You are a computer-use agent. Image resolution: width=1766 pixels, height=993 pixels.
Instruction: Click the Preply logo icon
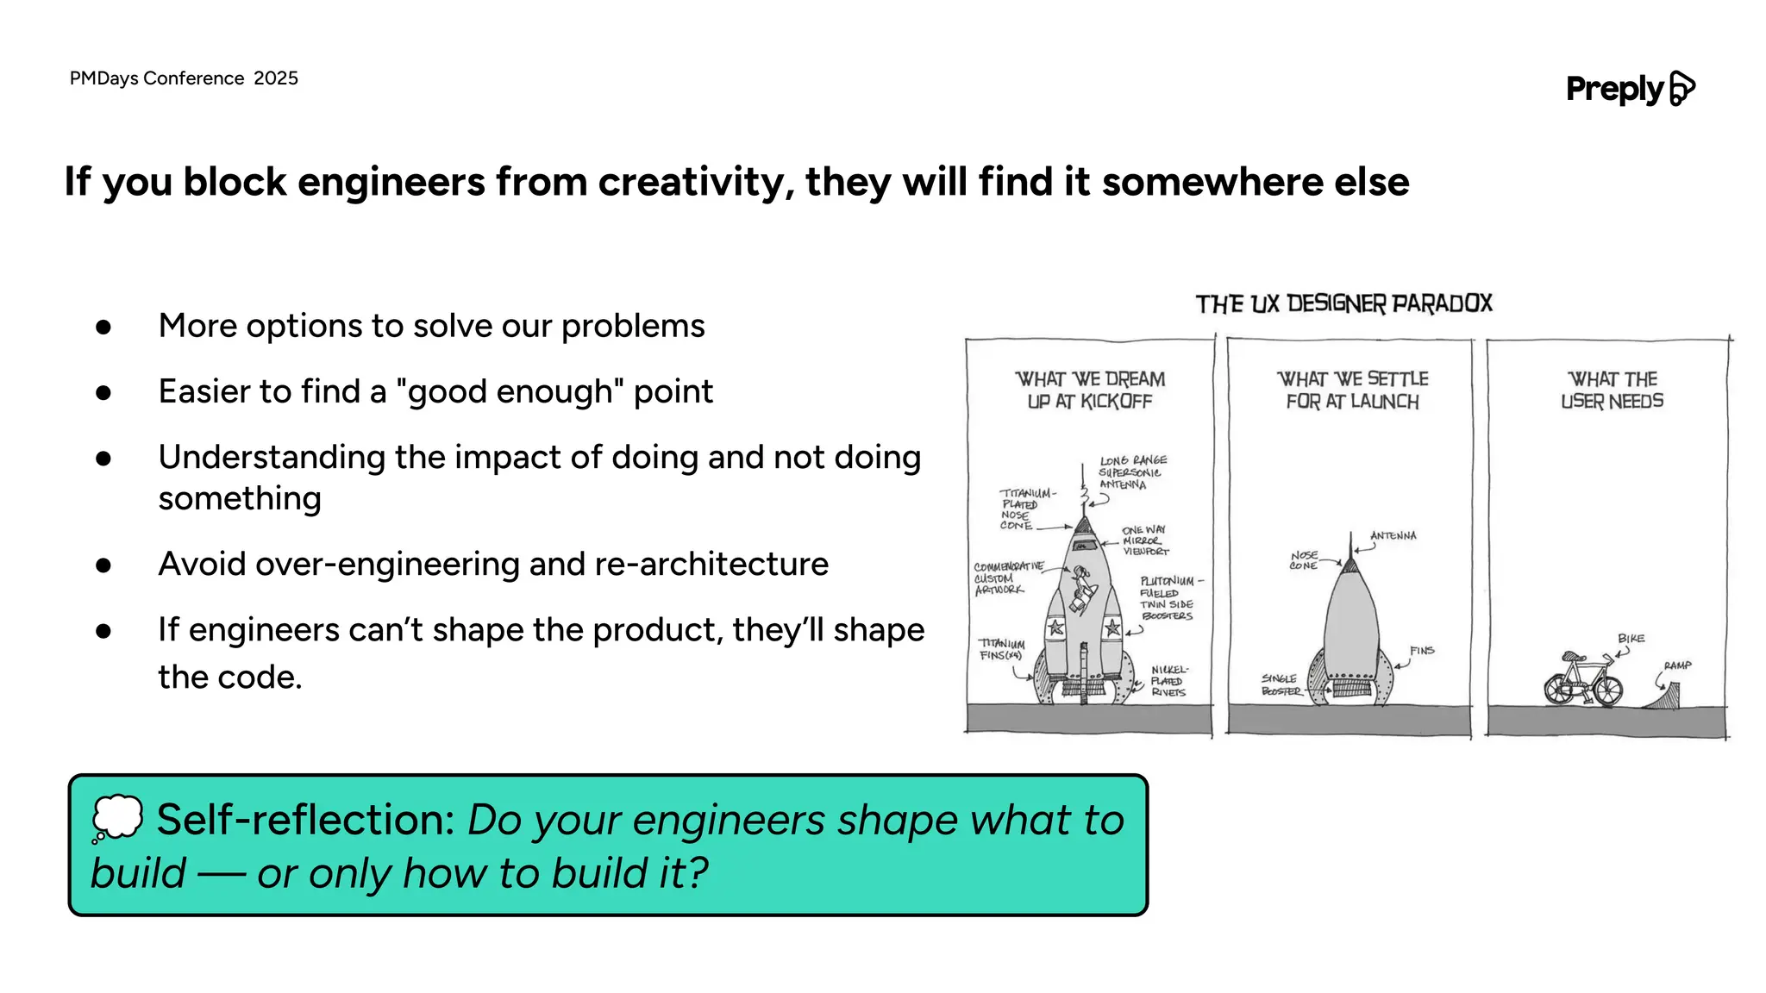point(1681,88)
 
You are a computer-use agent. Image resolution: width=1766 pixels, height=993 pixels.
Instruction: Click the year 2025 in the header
point(276,78)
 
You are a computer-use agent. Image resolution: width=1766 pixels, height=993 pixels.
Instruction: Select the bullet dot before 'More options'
point(103,327)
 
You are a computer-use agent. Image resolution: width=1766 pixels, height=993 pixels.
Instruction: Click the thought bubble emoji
point(117,817)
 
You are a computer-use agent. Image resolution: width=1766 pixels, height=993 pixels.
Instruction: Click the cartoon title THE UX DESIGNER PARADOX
point(1343,303)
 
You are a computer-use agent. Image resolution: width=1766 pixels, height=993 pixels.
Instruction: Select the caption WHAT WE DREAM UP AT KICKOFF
point(1090,390)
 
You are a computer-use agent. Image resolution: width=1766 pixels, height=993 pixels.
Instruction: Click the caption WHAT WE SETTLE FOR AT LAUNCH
point(1352,390)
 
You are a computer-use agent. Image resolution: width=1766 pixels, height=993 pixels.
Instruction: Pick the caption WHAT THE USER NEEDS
point(1612,390)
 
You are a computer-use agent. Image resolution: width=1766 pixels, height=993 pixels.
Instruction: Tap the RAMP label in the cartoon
point(1677,665)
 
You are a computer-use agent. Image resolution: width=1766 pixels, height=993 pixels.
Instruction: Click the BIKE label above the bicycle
point(1631,639)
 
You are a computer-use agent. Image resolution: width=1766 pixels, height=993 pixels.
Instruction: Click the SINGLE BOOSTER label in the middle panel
point(1280,684)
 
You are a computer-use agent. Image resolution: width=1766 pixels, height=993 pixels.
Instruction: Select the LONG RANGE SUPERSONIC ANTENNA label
point(1131,472)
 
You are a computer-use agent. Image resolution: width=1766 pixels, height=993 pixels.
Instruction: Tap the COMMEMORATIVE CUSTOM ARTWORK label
point(1005,578)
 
